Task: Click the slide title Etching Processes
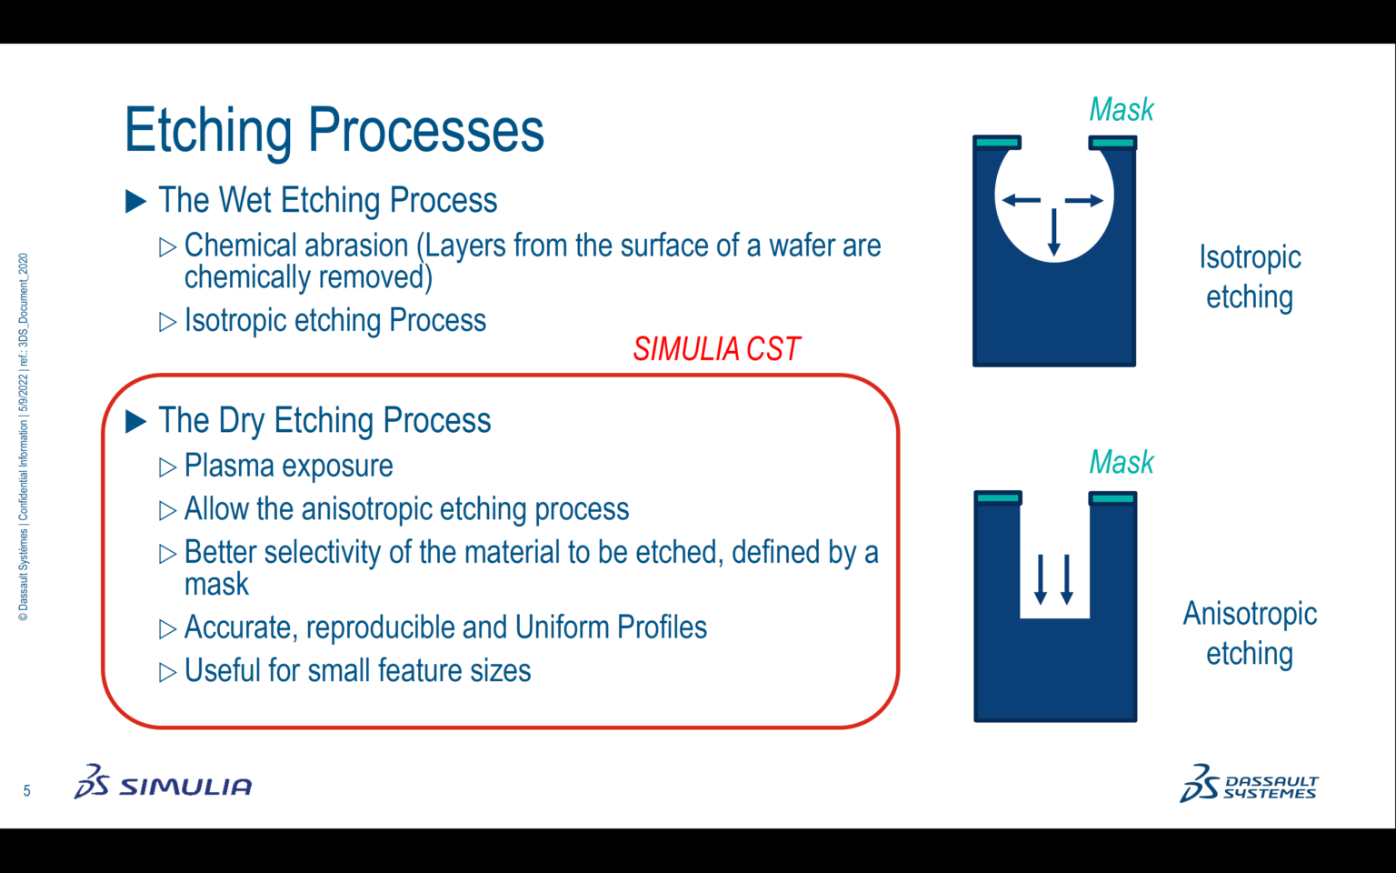[334, 130]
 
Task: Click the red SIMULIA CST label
[716, 349]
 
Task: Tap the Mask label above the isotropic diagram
[1121, 110]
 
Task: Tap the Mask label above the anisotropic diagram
[1121, 463]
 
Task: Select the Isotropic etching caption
[1250, 277]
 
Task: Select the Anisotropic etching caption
[1250, 633]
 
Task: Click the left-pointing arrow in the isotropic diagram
[1021, 200]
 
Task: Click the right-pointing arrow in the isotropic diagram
[1084, 200]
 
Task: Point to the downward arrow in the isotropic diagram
[1054, 232]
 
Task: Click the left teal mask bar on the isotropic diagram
[997, 143]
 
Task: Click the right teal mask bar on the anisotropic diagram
[1112, 498]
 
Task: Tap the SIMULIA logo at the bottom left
[164, 783]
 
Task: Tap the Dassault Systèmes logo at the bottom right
[1249, 784]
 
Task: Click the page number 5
[26, 791]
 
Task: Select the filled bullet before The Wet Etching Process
[135, 201]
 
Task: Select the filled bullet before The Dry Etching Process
[135, 421]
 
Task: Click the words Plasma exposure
[288, 466]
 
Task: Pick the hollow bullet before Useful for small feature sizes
[167, 672]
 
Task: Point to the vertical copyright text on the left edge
[24, 436]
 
